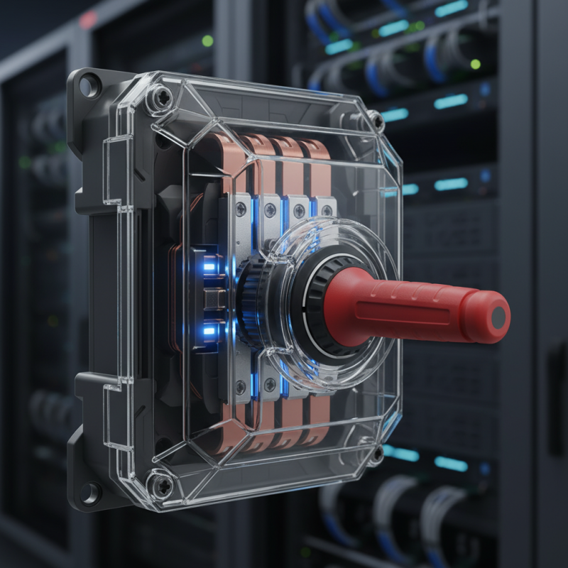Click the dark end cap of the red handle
click(499, 316)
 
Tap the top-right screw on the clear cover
click(373, 121)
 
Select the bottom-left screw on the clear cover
click(162, 486)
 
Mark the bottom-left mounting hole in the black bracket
click(90, 491)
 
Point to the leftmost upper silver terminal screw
click(241, 207)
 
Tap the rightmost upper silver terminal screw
click(326, 211)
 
